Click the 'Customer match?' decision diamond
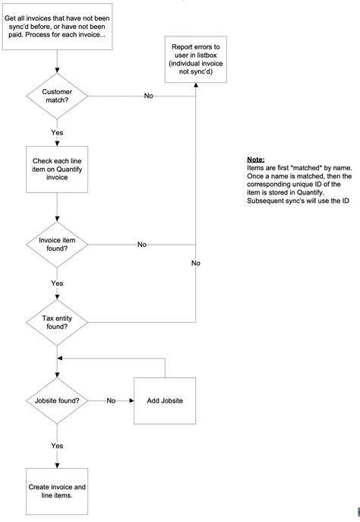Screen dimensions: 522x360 coord(57,96)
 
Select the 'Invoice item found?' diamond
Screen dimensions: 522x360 coord(57,245)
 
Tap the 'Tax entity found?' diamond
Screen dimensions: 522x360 coord(57,320)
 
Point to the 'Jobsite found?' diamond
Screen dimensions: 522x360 coord(57,400)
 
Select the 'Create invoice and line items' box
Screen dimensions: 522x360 coord(57,490)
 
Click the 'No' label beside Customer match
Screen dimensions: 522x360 coord(149,96)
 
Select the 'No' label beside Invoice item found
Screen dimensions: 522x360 coord(142,245)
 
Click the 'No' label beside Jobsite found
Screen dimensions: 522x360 coord(111,400)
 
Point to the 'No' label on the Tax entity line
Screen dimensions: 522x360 coord(196,263)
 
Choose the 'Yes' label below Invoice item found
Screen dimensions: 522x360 coord(57,283)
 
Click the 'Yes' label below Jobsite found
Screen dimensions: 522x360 coord(57,445)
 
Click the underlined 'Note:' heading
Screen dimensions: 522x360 coord(256,160)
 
